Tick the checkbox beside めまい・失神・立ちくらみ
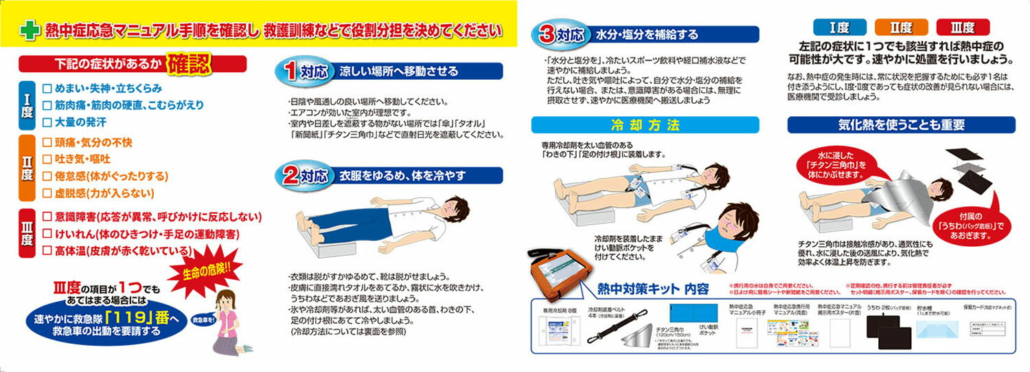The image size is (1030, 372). (47, 89)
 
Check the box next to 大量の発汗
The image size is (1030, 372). (47, 122)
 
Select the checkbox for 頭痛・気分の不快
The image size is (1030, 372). (47, 143)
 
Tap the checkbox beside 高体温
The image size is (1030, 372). (47, 251)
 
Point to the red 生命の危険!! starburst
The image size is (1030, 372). (210, 268)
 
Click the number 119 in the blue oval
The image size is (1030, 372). (137, 318)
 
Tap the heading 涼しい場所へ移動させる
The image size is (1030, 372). (398, 71)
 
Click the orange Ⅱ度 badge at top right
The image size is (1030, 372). (901, 28)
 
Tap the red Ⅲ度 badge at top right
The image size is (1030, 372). (963, 28)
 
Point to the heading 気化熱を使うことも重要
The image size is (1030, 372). (901, 125)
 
